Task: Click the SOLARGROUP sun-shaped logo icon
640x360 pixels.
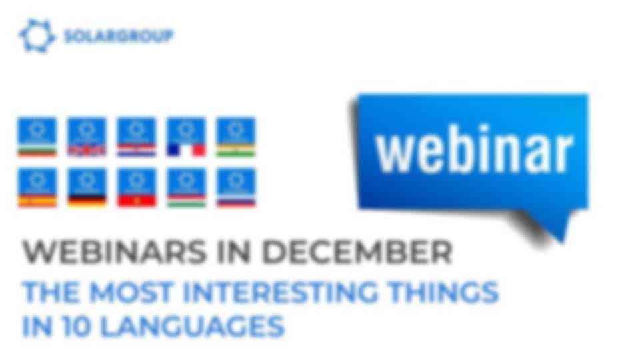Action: click(37, 36)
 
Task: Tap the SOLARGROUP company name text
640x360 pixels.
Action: click(119, 36)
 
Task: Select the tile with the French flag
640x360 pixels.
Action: click(186, 137)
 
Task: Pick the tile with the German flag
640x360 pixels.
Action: click(87, 187)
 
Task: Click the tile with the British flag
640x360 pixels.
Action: click(87, 137)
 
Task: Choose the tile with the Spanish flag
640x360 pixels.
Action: click(37, 187)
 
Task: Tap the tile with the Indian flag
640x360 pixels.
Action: click(236, 137)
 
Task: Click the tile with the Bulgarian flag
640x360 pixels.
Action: click(37, 137)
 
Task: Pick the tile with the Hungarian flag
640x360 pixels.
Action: click(186, 187)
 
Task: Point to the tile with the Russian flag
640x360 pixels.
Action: click(236, 187)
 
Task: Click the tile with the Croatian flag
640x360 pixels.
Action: click(137, 137)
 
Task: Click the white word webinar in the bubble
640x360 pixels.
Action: click(475, 149)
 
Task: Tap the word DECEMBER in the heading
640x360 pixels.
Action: click(357, 251)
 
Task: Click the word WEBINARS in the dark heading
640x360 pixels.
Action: click(115, 251)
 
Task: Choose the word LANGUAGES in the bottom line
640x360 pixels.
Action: click(192, 326)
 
